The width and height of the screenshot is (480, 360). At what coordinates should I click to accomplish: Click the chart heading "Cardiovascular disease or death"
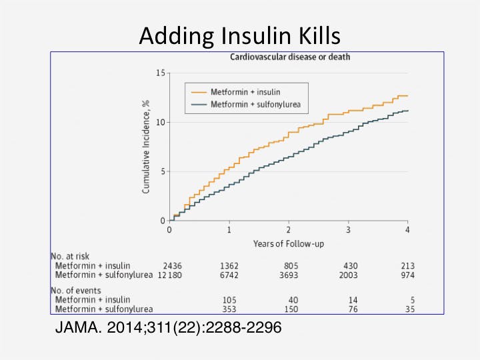click(290, 57)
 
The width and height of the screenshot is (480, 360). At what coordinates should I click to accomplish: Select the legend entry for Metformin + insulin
click(250, 92)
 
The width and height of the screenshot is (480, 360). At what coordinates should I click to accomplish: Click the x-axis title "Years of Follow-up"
click(288, 243)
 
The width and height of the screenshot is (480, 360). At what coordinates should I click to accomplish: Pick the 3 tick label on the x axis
click(348, 229)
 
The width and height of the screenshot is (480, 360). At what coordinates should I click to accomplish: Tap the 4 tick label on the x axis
click(407, 229)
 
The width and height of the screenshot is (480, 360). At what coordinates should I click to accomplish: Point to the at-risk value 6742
click(229, 275)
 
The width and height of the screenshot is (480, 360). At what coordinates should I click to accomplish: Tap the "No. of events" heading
click(76, 291)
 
